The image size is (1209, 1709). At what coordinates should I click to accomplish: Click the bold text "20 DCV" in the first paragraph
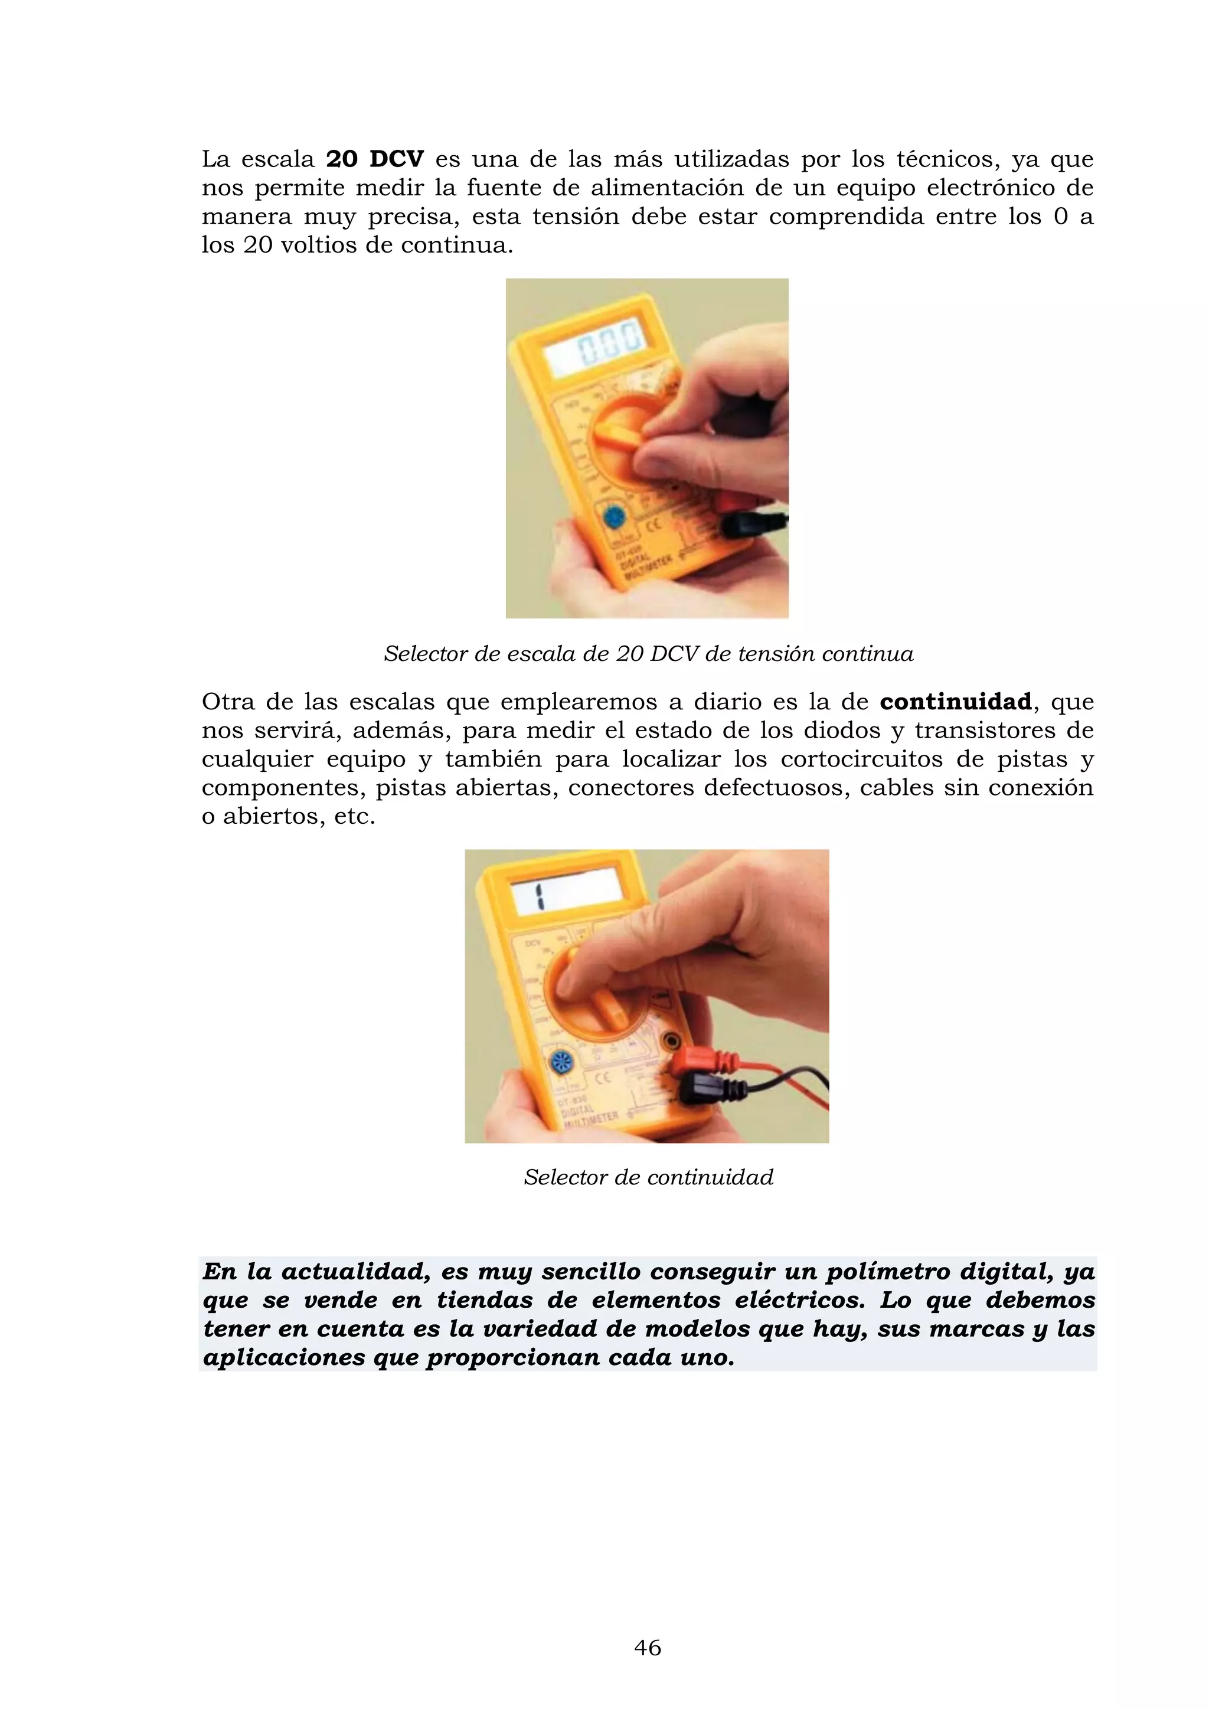pyautogui.click(x=375, y=159)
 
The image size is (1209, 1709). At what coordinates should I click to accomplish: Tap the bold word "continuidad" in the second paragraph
pyautogui.click(x=955, y=702)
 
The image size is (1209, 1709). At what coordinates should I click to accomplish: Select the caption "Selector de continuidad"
pyautogui.click(x=648, y=1177)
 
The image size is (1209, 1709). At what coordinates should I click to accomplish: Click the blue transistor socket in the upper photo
pyautogui.click(x=613, y=516)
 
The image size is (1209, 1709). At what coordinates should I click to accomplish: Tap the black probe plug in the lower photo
pyautogui.click(x=707, y=1091)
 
